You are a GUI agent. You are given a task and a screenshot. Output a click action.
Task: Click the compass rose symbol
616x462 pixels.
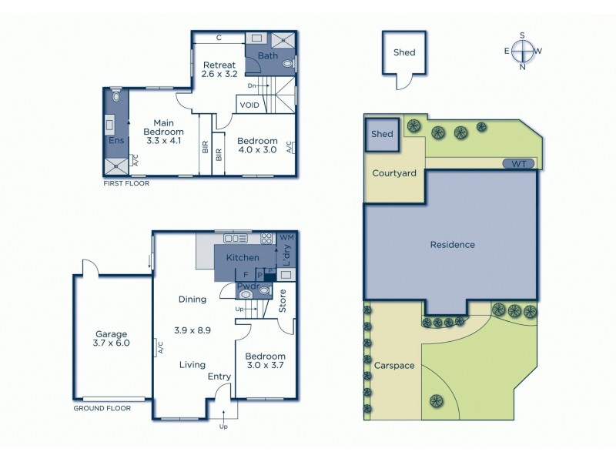click(523, 51)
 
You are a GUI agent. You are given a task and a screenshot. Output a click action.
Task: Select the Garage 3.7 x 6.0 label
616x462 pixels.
click(112, 338)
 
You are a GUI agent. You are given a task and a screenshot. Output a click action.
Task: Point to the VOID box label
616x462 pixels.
click(249, 105)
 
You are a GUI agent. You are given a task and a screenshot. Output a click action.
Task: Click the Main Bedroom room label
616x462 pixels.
click(162, 132)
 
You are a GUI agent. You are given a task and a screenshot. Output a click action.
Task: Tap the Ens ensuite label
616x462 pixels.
click(116, 141)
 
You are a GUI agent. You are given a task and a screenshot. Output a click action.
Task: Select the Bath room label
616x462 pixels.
click(268, 56)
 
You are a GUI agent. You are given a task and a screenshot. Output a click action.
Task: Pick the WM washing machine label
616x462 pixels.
click(286, 237)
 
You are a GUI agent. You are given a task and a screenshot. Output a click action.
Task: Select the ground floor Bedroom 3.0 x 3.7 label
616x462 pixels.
click(265, 362)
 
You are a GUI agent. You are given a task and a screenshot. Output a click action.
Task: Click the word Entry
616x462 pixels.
click(219, 377)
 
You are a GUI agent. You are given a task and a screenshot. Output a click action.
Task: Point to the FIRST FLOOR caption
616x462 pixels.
click(126, 184)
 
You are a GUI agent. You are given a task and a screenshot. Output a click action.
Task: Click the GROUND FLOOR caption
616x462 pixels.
click(102, 408)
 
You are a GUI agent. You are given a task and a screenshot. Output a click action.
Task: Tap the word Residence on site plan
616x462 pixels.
click(453, 245)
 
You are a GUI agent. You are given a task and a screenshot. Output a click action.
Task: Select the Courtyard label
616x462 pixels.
click(394, 173)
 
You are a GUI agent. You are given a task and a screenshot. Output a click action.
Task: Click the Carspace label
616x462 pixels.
click(394, 366)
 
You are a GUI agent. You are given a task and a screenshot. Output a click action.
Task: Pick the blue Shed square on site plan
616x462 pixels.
click(383, 134)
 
